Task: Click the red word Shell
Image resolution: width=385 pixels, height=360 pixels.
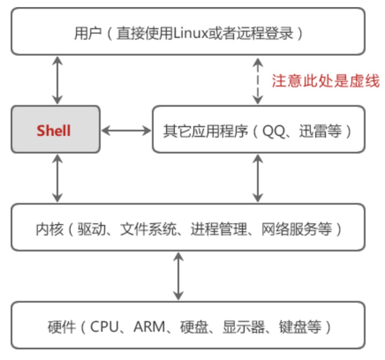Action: (x=54, y=130)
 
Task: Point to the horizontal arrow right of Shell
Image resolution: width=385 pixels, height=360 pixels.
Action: (x=126, y=130)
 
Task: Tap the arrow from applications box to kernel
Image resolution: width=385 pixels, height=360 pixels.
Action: (x=258, y=178)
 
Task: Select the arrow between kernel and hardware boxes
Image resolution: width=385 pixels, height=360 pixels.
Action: (x=178, y=276)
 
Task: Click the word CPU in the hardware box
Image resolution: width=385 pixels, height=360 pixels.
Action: (x=105, y=327)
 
